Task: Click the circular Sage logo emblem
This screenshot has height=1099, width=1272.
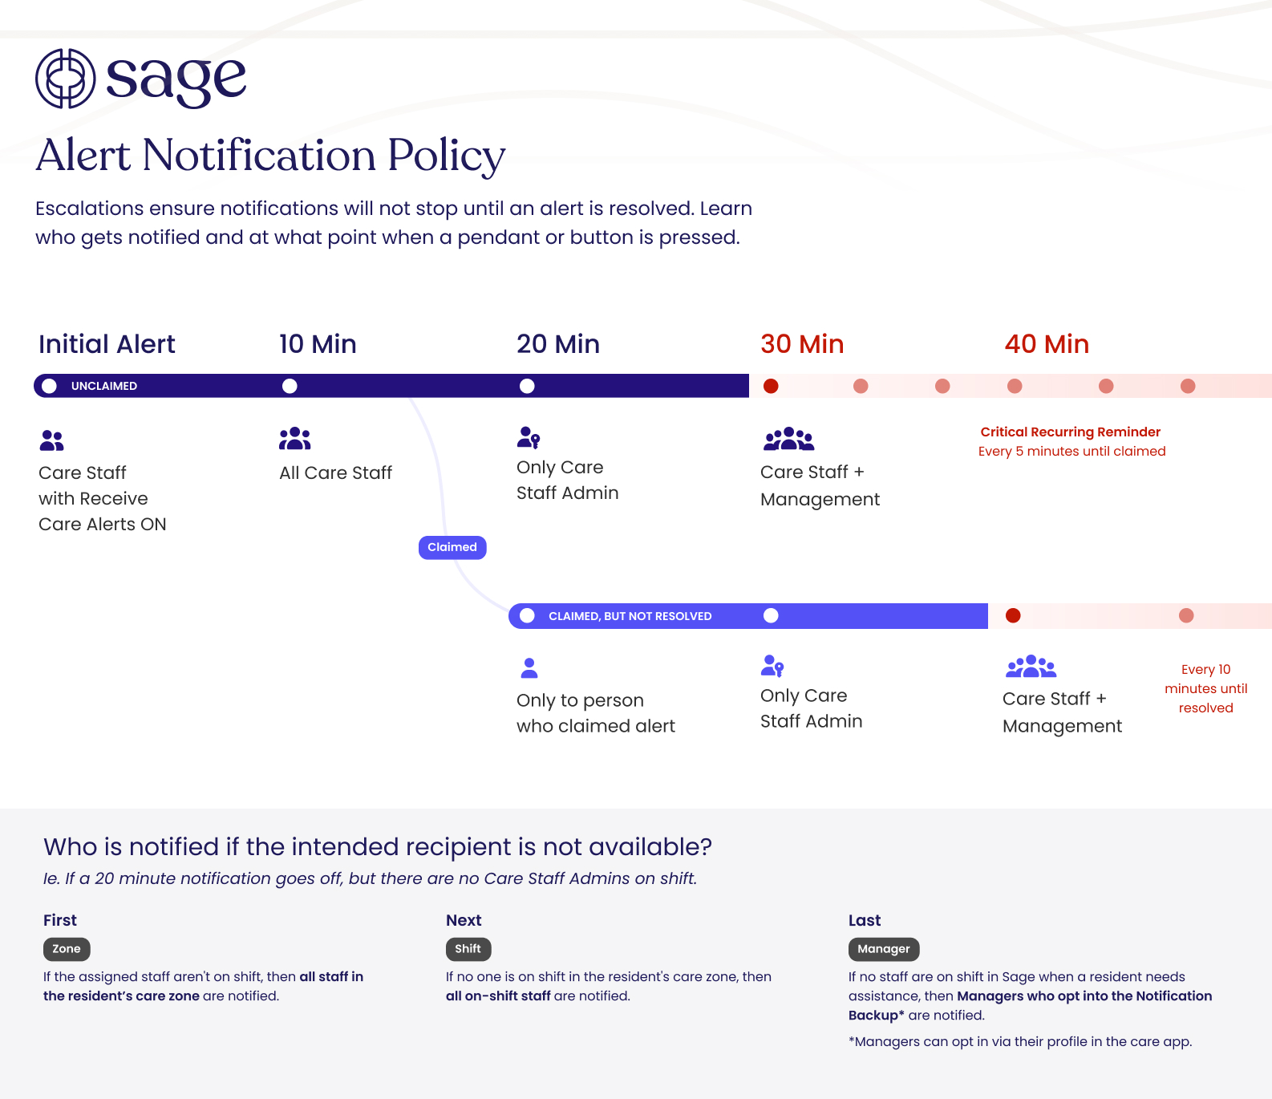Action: click(66, 79)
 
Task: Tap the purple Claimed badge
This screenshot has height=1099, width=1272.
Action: click(452, 547)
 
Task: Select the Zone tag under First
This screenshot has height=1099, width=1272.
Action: click(67, 949)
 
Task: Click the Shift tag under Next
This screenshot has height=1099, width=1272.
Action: click(468, 949)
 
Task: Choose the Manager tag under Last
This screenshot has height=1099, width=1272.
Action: click(883, 949)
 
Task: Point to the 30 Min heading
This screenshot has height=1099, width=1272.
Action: click(802, 344)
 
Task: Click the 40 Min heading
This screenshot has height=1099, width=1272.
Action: click(1047, 344)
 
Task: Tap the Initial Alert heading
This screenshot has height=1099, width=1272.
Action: click(107, 344)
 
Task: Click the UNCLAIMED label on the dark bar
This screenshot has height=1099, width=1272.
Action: click(104, 386)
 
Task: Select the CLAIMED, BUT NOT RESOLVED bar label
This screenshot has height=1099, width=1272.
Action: click(630, 616)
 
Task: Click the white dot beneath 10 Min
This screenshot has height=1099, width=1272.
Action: click(290, 386)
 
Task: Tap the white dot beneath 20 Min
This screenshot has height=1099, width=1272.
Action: click(527, 386)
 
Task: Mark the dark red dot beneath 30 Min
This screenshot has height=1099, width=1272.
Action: click(771, 386)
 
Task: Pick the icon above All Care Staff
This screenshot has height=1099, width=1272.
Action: click(295, 439)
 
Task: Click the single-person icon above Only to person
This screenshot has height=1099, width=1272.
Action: click(529, 667)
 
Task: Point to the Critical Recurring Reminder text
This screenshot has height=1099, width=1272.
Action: click(1070, 432)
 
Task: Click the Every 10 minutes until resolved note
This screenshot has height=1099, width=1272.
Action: click(1205, 688)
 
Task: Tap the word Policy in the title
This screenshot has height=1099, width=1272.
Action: click(447, 156)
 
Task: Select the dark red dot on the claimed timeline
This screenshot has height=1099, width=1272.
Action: click(1013, 615)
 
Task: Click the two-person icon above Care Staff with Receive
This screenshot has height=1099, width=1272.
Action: click(51, 440)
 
